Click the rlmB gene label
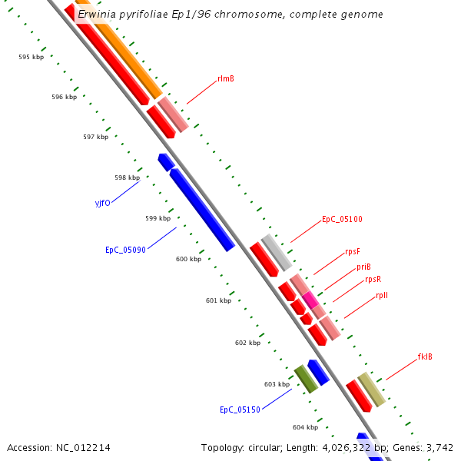[x=226, y=78]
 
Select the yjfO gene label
[x=102, y=204]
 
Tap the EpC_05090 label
[x=125, y=250]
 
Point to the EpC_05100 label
[x=342, y=219]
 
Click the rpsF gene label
[x=353, y=251]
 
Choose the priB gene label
[x=363, y=267]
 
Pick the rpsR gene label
[x=373, y=280]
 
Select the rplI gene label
[x=382, y=295]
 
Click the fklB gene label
[x=425, y=357]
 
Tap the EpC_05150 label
[x=240, y=410]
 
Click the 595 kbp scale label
[x=32, y=58]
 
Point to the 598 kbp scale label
[x=126, y=177]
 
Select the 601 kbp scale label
[x=218, y=300]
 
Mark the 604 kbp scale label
[x=305, y=427]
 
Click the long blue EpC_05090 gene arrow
[x=201, y=210]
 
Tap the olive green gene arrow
[x=306, y=379]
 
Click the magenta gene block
[x=310, y=300]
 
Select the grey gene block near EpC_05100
[x=276, y=253]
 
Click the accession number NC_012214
[x=58, y=447]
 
